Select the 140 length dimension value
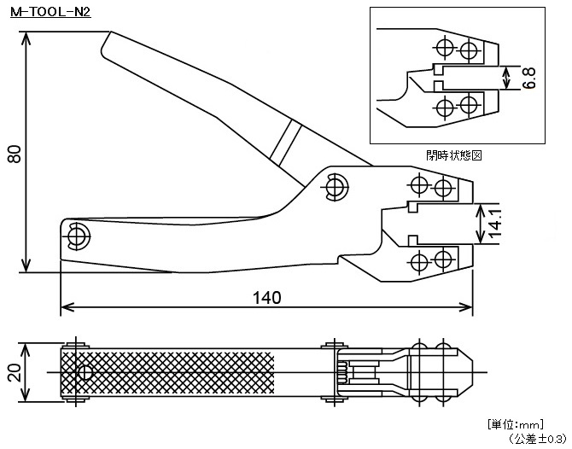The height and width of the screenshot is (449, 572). click(267, 297)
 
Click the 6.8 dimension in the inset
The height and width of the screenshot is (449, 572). click(529, 79)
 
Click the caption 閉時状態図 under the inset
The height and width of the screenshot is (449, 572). click(454, 155)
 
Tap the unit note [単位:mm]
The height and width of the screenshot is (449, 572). click(517, 424)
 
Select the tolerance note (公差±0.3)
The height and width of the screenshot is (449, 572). click(536, 438)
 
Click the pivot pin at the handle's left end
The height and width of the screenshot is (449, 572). click(79, 235)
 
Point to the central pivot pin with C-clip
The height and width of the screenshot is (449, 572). click(335, 187)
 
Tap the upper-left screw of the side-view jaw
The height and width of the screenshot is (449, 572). click(418, 186)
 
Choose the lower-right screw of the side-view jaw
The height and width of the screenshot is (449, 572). click(442, 260)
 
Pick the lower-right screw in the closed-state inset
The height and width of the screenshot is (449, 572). click(467, 106)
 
